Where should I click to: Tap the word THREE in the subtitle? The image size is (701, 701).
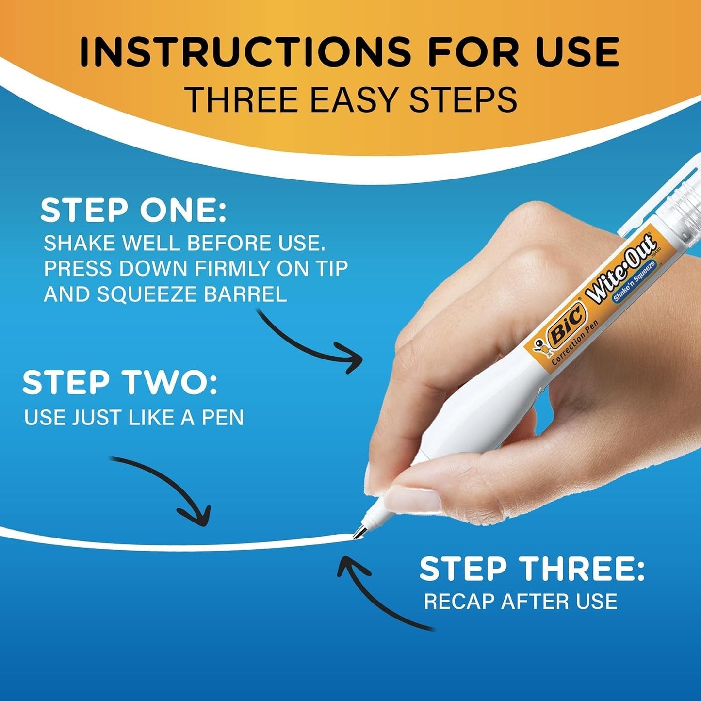pos(244,99)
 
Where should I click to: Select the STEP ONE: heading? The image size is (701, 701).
pos(133,211)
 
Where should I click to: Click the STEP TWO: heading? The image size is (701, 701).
pos(120,382)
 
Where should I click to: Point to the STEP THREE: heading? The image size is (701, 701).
pos(532,569)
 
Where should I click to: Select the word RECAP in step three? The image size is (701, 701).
pos(459,602)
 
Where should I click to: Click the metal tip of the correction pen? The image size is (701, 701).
pos(358,532)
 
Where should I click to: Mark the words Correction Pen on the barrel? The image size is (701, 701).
pos(576,342)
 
